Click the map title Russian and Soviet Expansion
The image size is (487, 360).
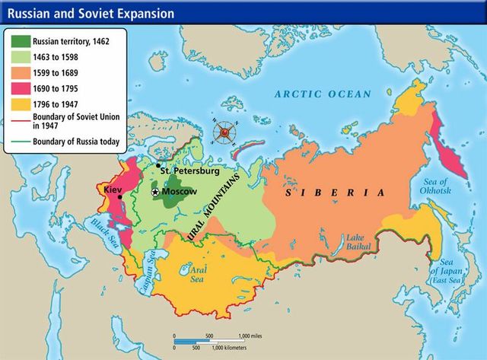(x=91, y=14)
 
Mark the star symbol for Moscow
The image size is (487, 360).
(x=156, y=193)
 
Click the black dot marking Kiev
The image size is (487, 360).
(x=120, y=197)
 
